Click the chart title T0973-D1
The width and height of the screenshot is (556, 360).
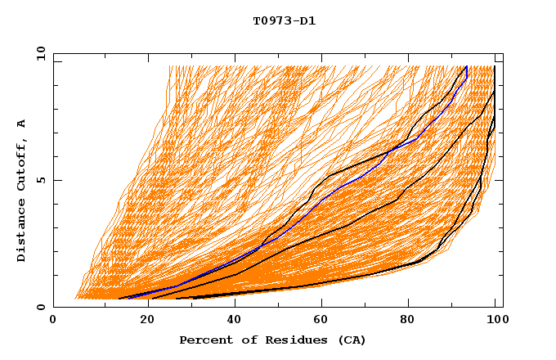(284, 21)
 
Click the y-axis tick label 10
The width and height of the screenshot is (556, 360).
(40, 53)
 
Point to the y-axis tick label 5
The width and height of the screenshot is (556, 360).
(43, 180)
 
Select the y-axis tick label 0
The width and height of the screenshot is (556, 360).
(43, 307)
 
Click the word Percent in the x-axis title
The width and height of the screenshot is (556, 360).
(204, 340)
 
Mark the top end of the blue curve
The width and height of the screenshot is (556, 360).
(466, 66)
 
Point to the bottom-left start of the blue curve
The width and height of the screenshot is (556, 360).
(128, 298)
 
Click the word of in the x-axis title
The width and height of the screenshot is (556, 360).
(247, 340)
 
